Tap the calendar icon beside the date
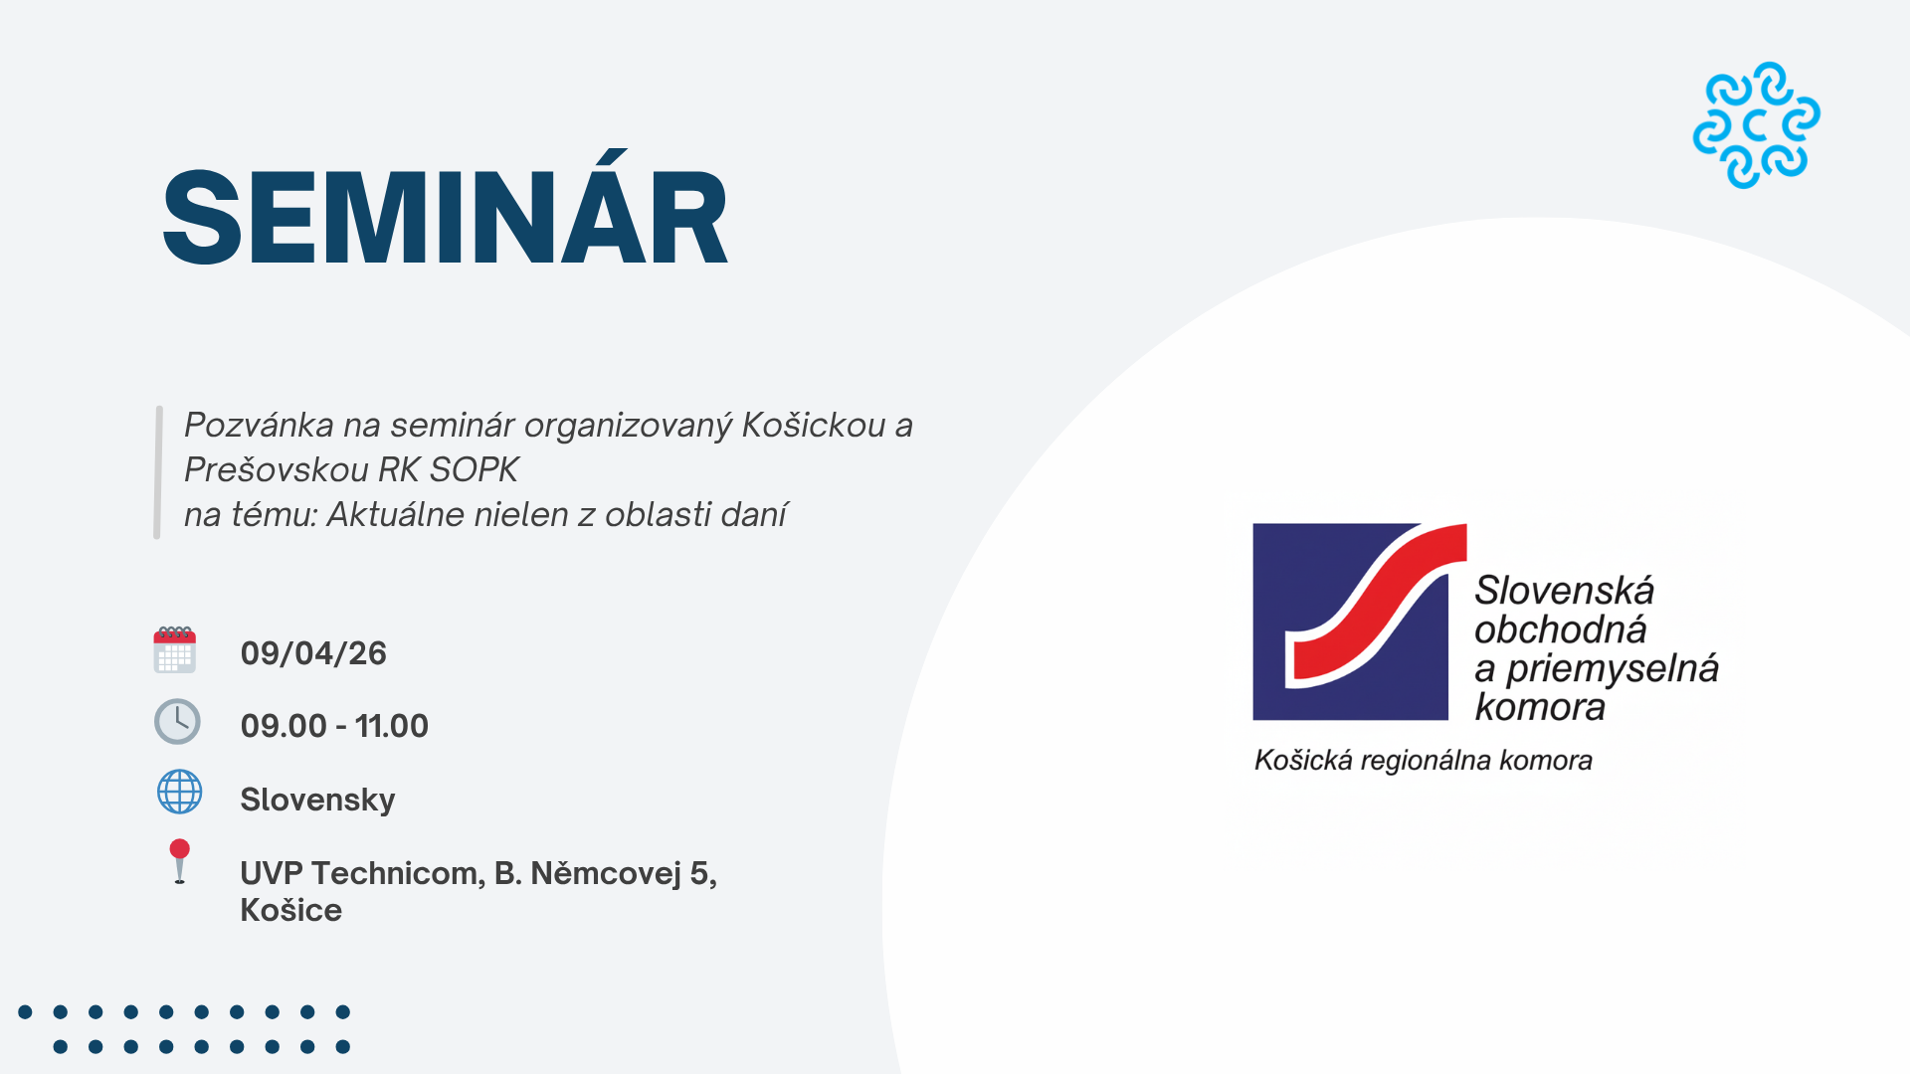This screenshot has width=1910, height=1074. (x=175, y=650)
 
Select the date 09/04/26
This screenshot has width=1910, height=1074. (x=313, y=653)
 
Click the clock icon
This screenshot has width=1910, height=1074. (x=177, y=721)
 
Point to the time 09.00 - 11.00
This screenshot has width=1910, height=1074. (x=334, y=726)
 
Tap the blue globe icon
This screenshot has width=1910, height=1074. (x=180, y=793)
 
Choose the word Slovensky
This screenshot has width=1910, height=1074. (x=317, y=800)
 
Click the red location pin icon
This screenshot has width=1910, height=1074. (x=179, y=861)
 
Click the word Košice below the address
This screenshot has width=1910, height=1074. (x=290, y=910)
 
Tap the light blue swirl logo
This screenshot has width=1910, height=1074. (x=1757, y=125)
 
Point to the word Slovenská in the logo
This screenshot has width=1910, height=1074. (x=1564, y=591)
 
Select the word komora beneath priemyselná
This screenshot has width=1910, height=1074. (x=1540, y=707)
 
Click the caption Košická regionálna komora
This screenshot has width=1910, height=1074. (x=1424, y=761)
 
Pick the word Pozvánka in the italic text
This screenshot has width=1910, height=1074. (x=259, y=425)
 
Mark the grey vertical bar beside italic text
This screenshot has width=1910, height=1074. (x=158, y=472)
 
